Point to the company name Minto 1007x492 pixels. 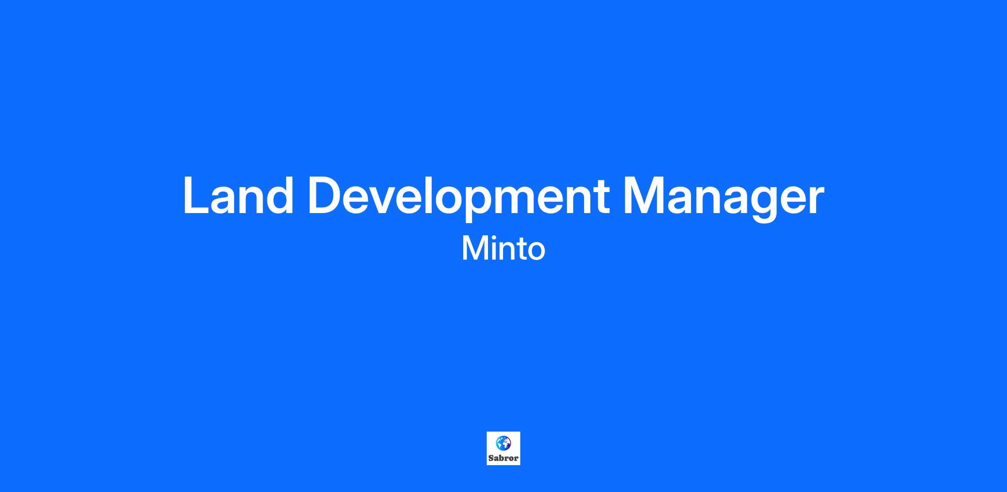[x=503, y=249]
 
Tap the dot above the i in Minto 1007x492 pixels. [x=492, y=237]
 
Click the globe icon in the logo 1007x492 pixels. [x=503, y=443]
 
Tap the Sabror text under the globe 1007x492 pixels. [x=503, y=458]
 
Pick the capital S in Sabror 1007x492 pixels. [x=491, y=458]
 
